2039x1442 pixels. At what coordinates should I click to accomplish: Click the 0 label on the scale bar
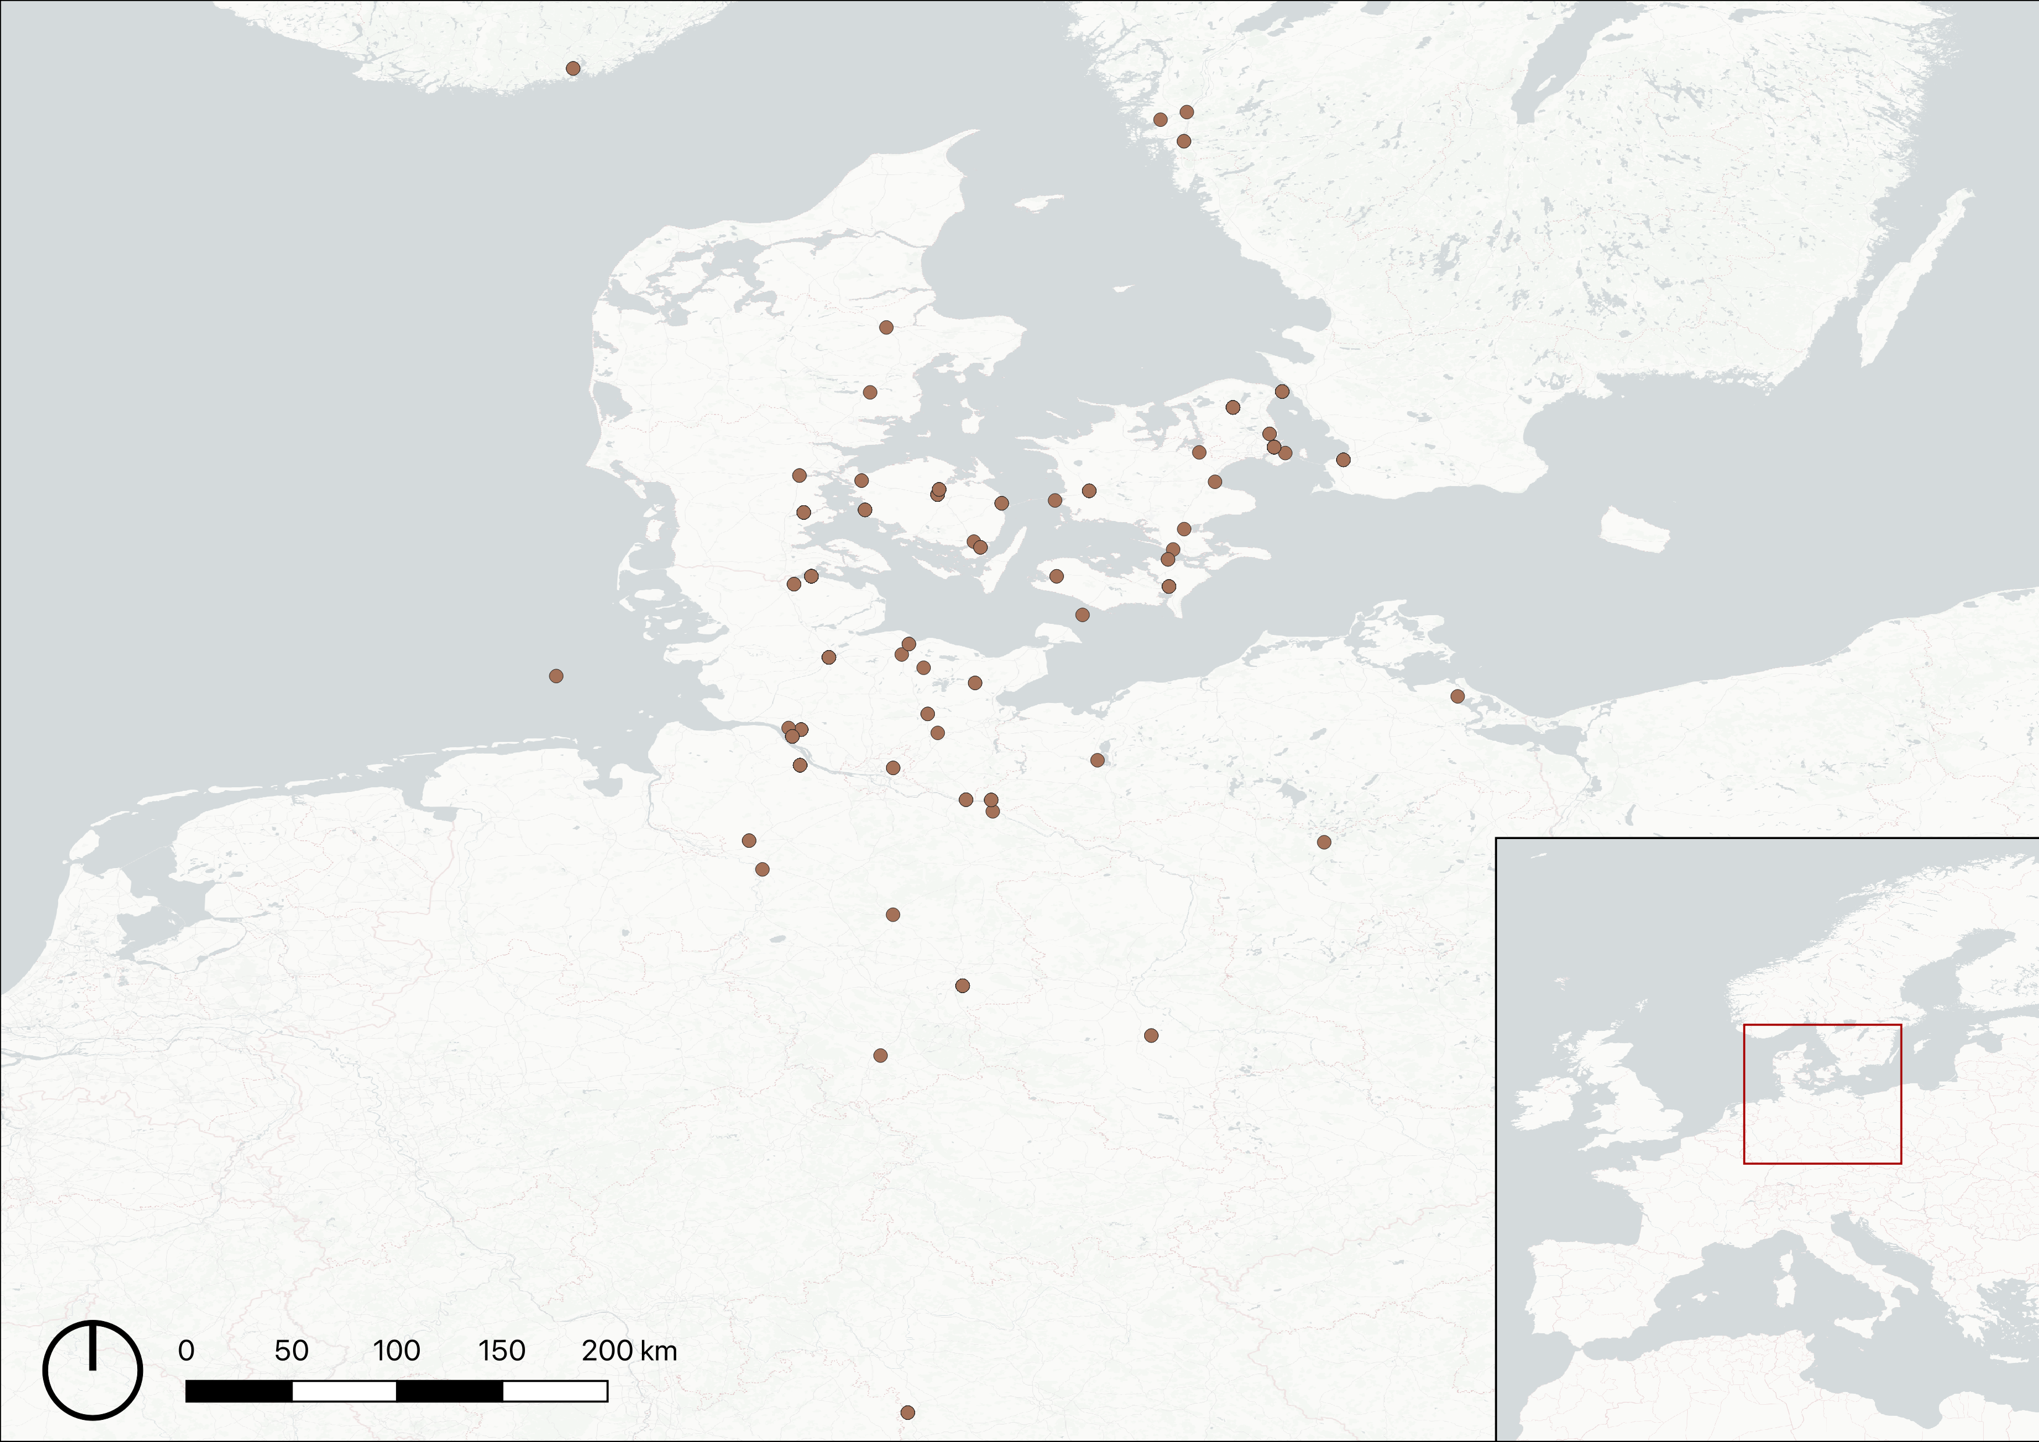tap(185, 1351)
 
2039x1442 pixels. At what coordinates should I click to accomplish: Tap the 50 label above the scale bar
tap(291, 1351)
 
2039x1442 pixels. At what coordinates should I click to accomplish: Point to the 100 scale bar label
tap(396, 1351)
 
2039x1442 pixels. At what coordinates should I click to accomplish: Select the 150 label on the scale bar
tap(502, 1351)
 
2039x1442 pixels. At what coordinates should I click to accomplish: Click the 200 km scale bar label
tap(629, 1351)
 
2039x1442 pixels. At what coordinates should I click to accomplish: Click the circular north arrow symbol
tap(92, 1370)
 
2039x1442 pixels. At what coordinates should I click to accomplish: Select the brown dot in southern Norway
tap(573, 69)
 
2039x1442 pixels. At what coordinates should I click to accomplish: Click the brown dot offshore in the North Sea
tap(556, 676)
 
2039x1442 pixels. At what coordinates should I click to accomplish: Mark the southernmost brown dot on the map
tap(907, 1412)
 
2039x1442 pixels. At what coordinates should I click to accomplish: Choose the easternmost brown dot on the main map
tap(1458, 696)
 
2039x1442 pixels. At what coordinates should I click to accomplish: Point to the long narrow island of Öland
tap(1914, 275)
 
